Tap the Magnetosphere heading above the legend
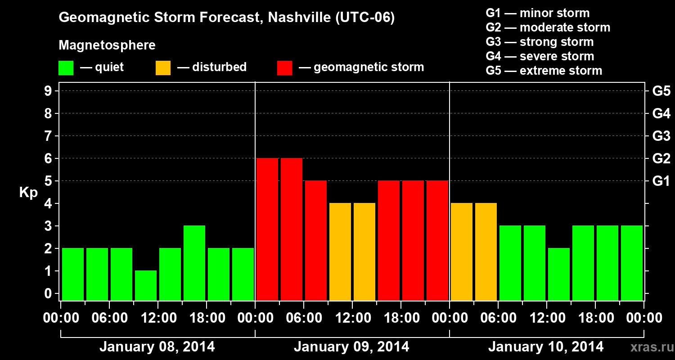(x=107, y=45)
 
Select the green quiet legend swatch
(x=66, y=67)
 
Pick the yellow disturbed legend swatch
(x=163, y=67)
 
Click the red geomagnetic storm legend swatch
(x=285, y=67)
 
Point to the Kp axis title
(x=28, y=193)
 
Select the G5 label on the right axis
(x=661, y=91)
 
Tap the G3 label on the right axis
(x=661, y=136)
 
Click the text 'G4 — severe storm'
(x=540, y=56)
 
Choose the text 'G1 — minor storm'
(x=537, y=13)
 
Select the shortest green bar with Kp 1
(x=146, y=285)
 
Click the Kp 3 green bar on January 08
(x=194, y=263)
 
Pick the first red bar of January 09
(x=267, y=229)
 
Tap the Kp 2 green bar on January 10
(x=559, y=274)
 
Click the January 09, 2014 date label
(x=351, y=347)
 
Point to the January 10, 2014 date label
(x=546, y=347)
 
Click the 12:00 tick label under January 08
(x=158, y=318)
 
